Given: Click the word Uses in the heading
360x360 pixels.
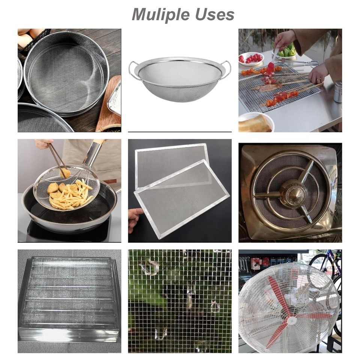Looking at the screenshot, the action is [214, 14].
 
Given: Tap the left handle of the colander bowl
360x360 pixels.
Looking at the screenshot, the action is [132, 69].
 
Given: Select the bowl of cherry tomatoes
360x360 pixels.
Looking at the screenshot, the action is [251, 58].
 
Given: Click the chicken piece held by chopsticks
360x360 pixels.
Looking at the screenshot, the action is [65, 172].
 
